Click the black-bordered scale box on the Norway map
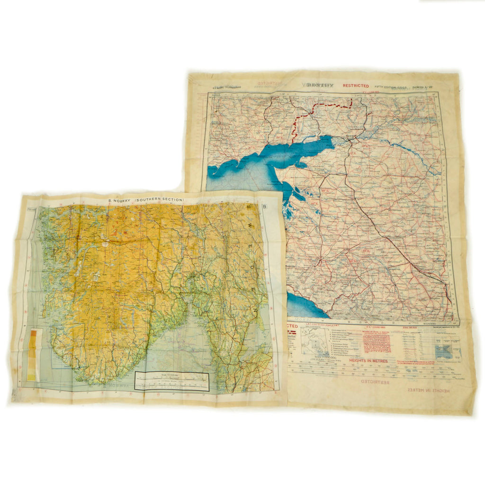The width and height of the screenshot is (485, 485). coord(171,381)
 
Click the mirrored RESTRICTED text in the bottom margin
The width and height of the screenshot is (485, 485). coord(374,382)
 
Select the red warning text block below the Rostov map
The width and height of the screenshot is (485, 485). coord(377,342)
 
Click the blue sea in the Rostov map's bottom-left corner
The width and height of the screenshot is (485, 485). coord(303,307)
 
